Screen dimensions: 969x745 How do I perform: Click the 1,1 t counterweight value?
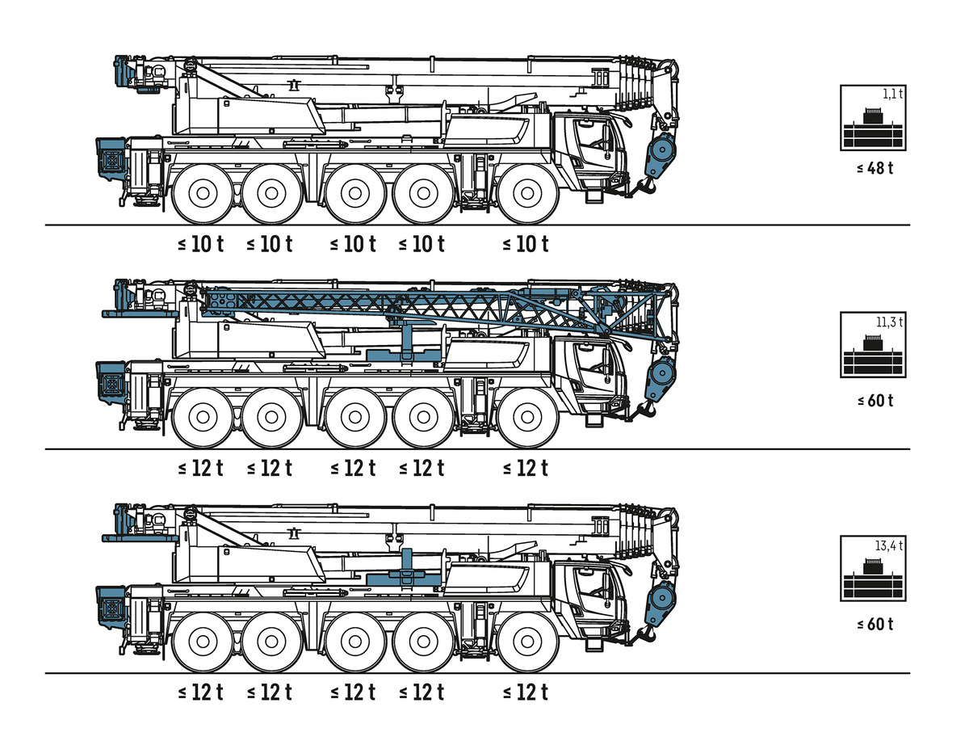[892, 94]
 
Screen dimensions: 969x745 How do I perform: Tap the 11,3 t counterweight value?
[889, 322]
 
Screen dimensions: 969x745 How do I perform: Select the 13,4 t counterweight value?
[889, 545]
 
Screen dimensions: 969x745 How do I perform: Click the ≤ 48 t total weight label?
[875, 168]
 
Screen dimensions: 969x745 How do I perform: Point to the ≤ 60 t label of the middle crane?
[875, 400]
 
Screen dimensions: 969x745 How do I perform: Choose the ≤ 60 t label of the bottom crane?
[875, 624]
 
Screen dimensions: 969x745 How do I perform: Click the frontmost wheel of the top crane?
[527, 194]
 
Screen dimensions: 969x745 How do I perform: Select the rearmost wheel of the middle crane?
[203, 418]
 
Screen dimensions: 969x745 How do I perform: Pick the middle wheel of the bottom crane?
[355, 642]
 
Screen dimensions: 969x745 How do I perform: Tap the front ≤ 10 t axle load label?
[526, 244]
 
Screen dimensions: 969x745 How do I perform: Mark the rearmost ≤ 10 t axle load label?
[201, 244]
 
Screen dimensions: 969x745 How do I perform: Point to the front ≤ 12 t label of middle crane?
[526, 468]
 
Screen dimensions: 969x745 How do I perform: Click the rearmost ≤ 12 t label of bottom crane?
[201, 692]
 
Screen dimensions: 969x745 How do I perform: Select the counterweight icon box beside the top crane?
[873, 118]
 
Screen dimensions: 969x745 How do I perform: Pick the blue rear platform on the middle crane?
[140, 314]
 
